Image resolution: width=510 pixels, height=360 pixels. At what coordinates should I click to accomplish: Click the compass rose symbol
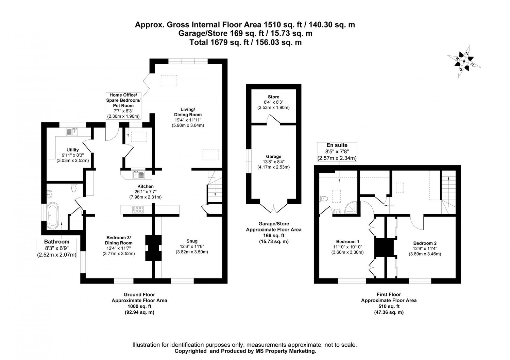click(x=464, y=62)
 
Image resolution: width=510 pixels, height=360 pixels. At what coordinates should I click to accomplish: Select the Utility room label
click(x=72, y=150)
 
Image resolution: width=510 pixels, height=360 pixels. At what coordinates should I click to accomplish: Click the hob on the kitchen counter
click(x=138, y=210)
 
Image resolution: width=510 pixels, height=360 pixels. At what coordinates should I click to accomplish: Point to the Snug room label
click(x=192, y=241)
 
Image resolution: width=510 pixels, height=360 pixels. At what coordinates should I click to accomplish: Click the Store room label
click(x=273, y=97)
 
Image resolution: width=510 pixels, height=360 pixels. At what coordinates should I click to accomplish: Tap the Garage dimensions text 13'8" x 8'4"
click(x=273, y=162)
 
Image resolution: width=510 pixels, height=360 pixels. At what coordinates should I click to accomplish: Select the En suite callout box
click(x=337, y=152)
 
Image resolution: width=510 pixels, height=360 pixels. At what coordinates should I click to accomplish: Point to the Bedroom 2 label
click(x=425, y=243)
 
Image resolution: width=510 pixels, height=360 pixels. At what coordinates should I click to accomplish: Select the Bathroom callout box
click(x=57, y=248)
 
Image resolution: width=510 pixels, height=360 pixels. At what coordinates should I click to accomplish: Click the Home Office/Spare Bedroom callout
click(x=123, y=105)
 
